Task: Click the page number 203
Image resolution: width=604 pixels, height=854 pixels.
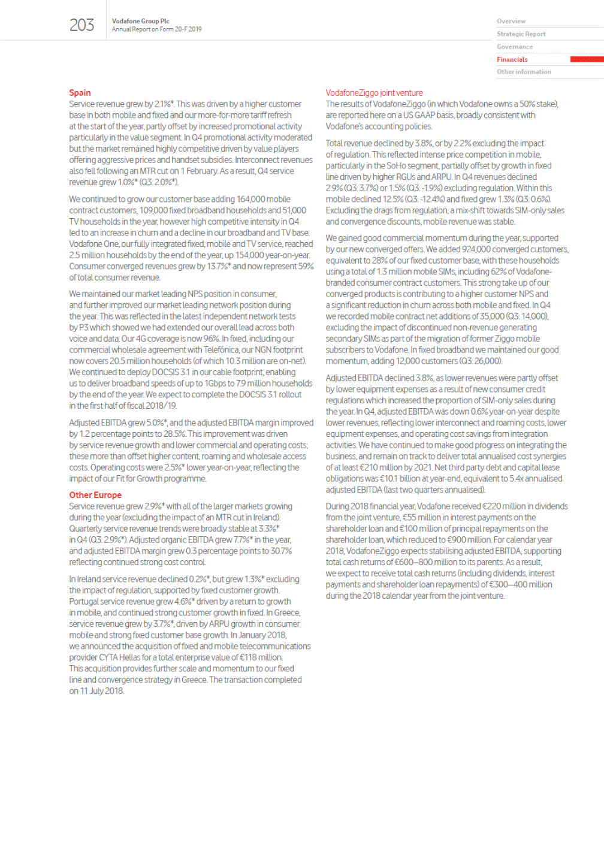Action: (81, 25)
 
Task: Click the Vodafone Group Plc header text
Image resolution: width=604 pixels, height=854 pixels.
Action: (140, 21)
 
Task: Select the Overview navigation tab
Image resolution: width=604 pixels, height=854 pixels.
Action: (511, 21)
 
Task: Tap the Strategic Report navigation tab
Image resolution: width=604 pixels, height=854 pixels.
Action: (521, 34)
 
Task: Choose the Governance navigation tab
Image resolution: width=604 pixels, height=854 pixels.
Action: (514, 47)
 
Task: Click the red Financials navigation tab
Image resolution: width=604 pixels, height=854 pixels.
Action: (512, 59)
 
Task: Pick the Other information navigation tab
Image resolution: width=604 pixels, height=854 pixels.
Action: (523, 72)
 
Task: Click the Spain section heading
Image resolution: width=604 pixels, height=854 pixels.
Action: (80, 92)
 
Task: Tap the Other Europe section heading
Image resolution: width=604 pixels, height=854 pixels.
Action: (95, 495)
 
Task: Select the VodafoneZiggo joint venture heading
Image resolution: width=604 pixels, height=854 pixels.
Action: (374, 93)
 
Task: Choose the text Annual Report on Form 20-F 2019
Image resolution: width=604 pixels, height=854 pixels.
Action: (156, 29)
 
